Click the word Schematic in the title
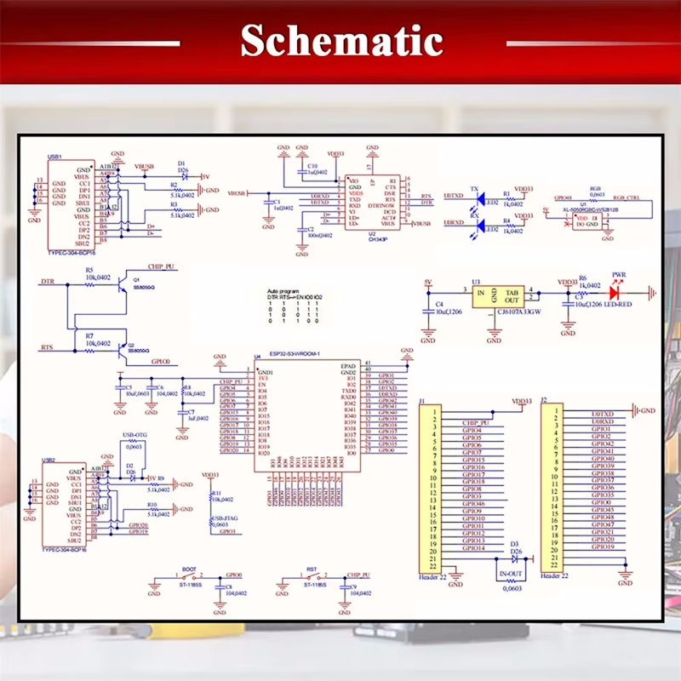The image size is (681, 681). pos(340,41)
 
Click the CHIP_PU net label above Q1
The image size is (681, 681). pos(161,266)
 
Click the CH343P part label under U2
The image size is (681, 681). pos(378,239)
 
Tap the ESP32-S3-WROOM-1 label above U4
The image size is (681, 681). pos(295,353)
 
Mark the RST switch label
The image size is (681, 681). pos(312,568)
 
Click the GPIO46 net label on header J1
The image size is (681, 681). pos(473,504)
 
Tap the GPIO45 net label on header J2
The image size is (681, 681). pos(603,510)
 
